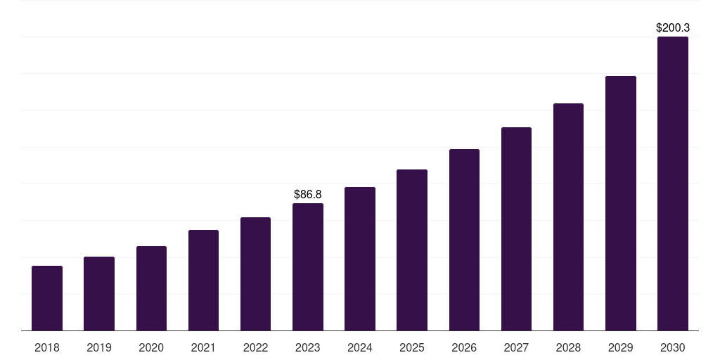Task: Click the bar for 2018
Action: (x=47, y=298)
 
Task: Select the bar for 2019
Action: (x=99, y=293)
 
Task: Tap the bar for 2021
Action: (x=203, y=280)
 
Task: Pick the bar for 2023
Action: (x=308, y=266)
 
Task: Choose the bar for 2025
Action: (x=412, y=250)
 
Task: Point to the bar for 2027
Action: (x=516, y=229)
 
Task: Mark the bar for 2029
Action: (x=621, y=203)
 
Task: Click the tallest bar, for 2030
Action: (x=673, y=184)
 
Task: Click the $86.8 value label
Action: (x=308, y=194)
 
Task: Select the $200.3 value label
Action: (x=673, y=27)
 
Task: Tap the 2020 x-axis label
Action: (x=151, y=347)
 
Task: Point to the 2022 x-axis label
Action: (x=255, y=347)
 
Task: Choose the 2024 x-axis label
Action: (x=359, y=347)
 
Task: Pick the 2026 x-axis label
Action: (x=464, y=347)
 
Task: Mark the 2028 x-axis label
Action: (x=568, y=347)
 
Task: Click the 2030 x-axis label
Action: (x=673, y=347)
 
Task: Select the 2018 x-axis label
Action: (x=47, y=347)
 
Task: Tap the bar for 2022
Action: (x=255, y=274)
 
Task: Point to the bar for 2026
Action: (x=464, y=240)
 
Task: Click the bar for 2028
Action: (x=568, y=217)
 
